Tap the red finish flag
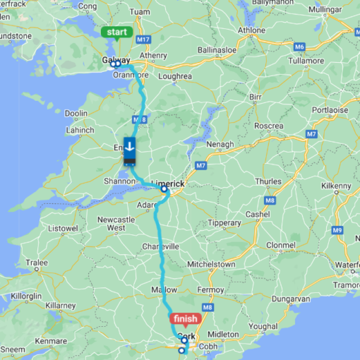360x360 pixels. [185, 319]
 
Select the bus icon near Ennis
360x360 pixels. [131, 150]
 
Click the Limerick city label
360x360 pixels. [168, 183]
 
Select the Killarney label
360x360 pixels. [59, 306]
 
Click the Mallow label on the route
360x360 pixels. [164, 290]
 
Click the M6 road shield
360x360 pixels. [299, 47]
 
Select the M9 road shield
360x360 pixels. [338, 231]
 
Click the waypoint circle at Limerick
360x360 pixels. [164, 189]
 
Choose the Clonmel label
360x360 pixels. [281, 245]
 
